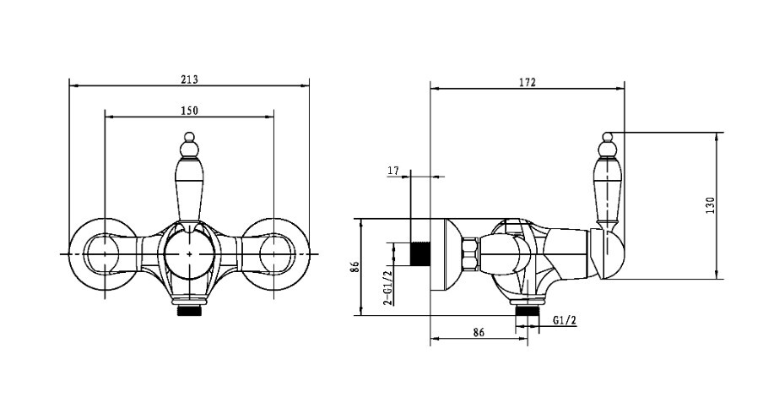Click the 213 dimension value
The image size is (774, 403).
(x=189, y=79)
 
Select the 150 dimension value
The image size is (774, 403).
(x=189, y=111)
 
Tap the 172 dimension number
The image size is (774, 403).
(x=527, y=83)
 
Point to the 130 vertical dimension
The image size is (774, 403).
(x=710, y=205)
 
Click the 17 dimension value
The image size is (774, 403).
(x=393, y=171)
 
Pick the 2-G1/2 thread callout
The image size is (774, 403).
(x=388, y=286)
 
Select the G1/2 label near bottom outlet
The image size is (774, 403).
(x=564, y=320)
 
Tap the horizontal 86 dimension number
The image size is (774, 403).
(x=479, y=332)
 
